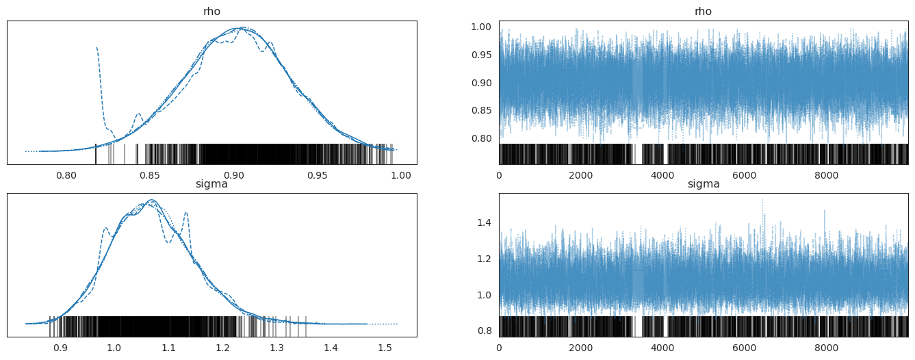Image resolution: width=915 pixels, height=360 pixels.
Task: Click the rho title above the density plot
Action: click(x=211, y=12)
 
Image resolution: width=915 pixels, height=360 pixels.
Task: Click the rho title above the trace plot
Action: click(x=704, y=12)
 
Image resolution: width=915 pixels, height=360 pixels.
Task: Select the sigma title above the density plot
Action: click(x=211, y=184)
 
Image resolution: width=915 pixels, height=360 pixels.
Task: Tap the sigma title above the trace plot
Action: click(x=704, y=184)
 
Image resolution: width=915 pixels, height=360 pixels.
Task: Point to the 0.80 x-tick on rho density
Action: click(x=66, y=175)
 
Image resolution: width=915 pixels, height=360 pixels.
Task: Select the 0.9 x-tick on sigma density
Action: click(x=60, y=347)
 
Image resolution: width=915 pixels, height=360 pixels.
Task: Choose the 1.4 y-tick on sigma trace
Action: click(x=485, y=222)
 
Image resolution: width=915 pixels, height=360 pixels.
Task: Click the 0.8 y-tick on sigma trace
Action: click(x=485, y=331)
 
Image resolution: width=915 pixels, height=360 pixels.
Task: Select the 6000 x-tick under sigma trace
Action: click(x=744, y=347)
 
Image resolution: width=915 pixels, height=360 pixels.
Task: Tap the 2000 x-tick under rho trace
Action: click(x=580, y=175)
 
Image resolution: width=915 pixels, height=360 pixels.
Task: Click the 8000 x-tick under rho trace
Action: click(x=826, y=175)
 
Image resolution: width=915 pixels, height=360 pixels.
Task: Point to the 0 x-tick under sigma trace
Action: click(x=499, y=347)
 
